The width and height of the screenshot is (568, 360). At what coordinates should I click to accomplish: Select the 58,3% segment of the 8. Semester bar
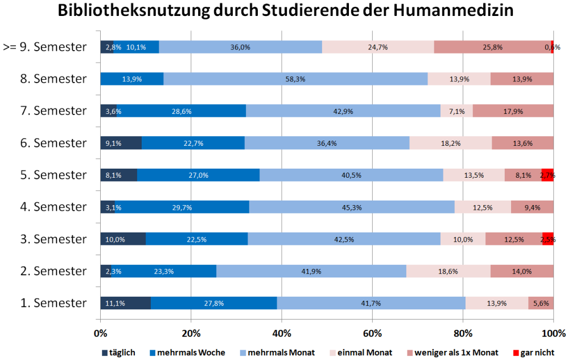[x=295, y=79]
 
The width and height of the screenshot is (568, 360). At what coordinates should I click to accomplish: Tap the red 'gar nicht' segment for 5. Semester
[x=547, y=175]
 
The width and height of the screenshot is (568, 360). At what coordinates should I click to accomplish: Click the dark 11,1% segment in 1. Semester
[x=125, y=303]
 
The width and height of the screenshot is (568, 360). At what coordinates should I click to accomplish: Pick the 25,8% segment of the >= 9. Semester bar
[x=492, y=47]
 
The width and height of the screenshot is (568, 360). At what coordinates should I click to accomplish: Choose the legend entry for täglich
[x=118, y=353]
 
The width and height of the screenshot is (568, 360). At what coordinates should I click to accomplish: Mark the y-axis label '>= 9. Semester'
[x=45, y=47]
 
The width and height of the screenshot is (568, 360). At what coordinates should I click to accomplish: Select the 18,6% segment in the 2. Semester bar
[x=448, y=271]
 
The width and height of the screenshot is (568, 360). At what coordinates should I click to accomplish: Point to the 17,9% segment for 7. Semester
[x=513, y=111]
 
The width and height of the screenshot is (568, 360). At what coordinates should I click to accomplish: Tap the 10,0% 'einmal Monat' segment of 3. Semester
[x=463, y=239]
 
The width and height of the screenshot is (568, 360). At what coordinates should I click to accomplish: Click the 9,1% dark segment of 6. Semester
[x=121, y=142]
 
